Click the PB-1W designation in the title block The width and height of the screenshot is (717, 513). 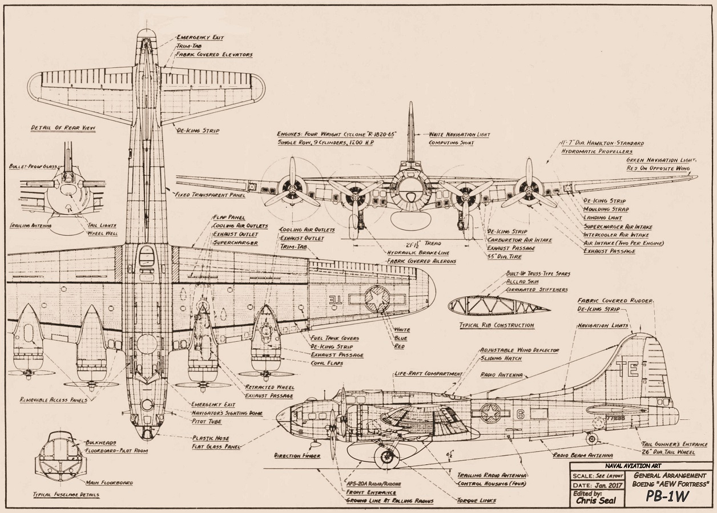click(667, 496)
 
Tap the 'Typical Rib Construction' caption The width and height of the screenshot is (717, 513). click(497, 325)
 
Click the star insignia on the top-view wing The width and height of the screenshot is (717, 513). click(377, 299)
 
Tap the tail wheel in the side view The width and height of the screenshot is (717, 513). click(592, 439)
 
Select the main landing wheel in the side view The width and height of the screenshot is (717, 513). click(386, 456)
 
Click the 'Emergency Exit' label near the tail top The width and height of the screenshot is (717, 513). click(192, 38)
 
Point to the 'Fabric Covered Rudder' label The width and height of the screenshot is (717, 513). click(615, 300)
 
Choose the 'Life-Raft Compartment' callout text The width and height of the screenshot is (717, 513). click(428, 374)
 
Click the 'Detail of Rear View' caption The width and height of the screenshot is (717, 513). click(63, 128)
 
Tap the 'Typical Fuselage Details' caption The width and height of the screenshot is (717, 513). click(66, 495)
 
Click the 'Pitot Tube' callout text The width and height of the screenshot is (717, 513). click(207, 421)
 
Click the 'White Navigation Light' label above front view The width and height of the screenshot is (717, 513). click(460, 135)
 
